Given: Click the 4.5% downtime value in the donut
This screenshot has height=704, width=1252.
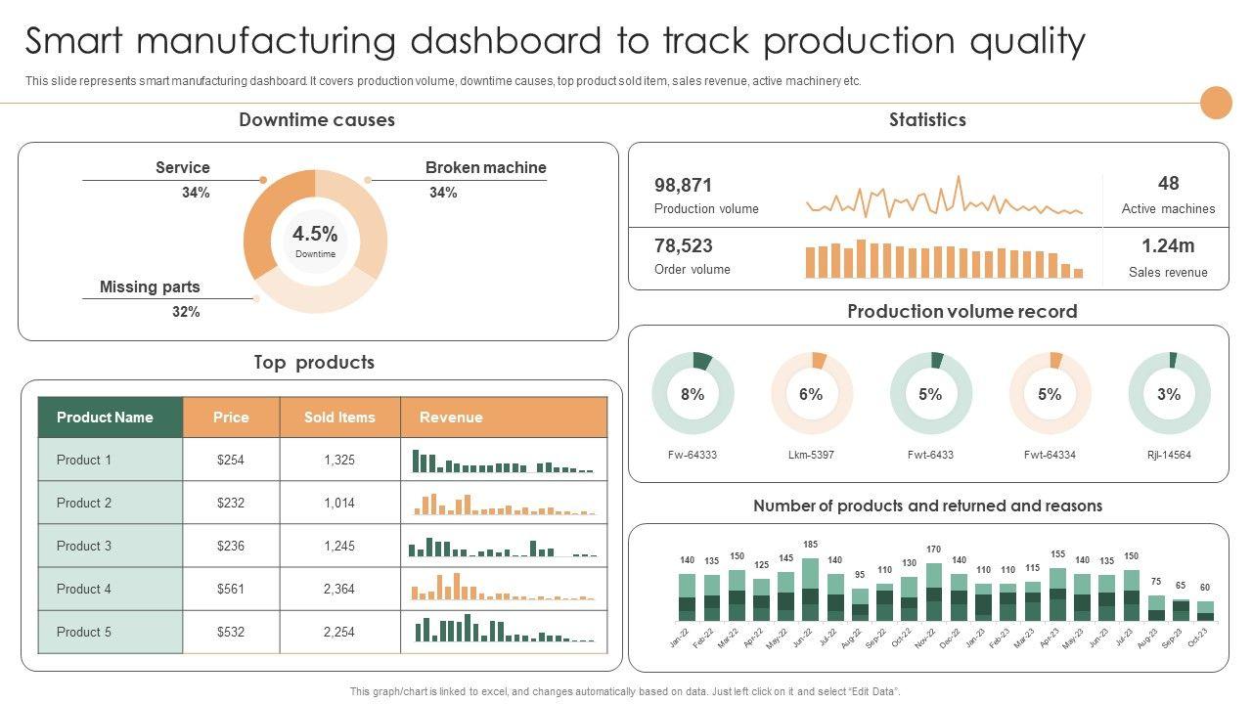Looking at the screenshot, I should [315, 234].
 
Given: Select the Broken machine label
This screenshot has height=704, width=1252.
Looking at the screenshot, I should [485, 168].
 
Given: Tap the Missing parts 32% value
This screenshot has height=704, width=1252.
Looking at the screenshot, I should [186, 312].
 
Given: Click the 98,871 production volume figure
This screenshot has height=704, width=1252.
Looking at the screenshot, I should [683, 185].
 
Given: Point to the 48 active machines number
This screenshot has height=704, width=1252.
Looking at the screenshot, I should [1168, 183].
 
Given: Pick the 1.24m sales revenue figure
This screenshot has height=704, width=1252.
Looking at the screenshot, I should [1168, 245].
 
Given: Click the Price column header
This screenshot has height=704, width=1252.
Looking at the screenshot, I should [231, 418].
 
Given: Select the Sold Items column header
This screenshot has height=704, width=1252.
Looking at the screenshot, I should [339, 418].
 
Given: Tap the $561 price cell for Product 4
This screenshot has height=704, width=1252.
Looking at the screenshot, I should [231, 589].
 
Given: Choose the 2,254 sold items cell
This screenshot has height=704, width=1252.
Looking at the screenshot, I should [339, 632].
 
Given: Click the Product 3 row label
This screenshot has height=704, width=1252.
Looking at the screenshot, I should [84, 546].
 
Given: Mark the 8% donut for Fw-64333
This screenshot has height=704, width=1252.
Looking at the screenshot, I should [693, 394].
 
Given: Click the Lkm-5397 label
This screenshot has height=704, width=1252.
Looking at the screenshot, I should [811, 455].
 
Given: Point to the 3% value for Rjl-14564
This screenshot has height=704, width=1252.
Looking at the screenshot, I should [1169, 394].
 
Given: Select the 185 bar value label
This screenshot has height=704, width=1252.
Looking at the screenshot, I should [810, 544].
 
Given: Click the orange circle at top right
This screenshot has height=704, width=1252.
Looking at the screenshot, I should [1216, 103].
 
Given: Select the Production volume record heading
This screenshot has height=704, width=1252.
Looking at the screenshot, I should [961, 312].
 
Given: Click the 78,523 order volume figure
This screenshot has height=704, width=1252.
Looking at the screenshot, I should [683, 245].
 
